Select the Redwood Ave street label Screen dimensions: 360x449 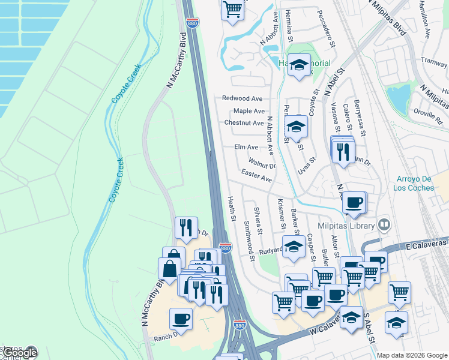click(243, 98)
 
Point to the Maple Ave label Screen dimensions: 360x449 click(249, 111)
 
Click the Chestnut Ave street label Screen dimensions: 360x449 click(244, 123)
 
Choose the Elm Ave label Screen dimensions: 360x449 click(246, 147)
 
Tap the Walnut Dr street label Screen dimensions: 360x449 click(262, 163)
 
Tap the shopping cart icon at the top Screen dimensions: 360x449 click(232, 10)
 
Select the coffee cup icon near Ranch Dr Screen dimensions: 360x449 click(180, 319)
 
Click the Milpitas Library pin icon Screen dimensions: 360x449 click(385, 226)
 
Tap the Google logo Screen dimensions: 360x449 click(20, 353)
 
